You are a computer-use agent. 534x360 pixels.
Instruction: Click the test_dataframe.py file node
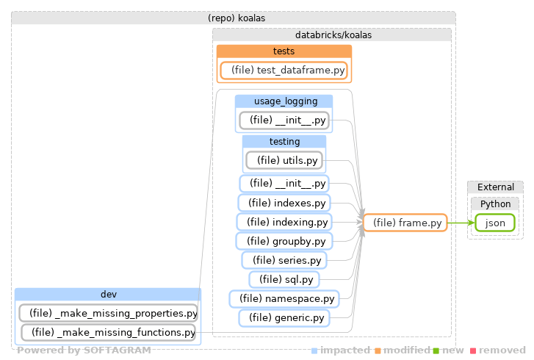pos(284,71)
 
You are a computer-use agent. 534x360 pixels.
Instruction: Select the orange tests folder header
pos(284,51)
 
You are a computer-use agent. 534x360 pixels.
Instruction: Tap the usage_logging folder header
pos(284,101)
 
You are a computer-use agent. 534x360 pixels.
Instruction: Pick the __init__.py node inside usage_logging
pos(284,120)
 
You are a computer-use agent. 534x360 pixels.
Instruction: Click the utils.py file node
pos(284,159)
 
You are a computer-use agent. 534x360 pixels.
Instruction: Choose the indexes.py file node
pos(284,202)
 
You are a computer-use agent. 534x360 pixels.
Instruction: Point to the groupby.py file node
pos(284,240)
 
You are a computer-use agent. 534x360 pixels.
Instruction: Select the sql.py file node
pos(284,279)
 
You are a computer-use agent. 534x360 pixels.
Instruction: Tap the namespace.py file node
pos(284,298)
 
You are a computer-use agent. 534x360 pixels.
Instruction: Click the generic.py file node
pos(284,318)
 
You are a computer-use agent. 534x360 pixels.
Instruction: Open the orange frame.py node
pos(405,223)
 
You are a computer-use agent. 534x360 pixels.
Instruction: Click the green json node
pos(494,223)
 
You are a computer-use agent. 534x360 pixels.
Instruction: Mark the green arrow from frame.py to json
pos(460,223)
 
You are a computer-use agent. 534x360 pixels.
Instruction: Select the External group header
pos(495,187)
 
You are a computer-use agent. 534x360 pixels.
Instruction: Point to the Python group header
pos(495,204)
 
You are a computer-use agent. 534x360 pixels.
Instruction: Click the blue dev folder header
pos(108,295)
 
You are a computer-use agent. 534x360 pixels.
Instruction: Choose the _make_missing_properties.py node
pos(108,313)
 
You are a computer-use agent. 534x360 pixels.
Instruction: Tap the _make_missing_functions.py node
pos(108,333)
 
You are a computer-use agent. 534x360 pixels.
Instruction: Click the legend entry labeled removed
pos(504,350)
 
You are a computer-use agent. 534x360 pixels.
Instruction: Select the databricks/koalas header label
pos(331,35)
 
